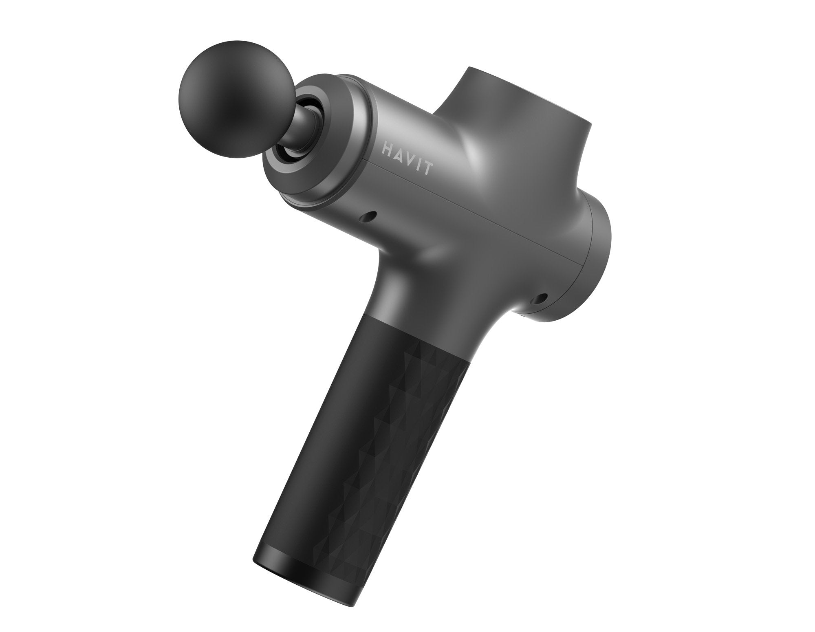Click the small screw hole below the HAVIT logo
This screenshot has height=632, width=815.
(x=370, y=216)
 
